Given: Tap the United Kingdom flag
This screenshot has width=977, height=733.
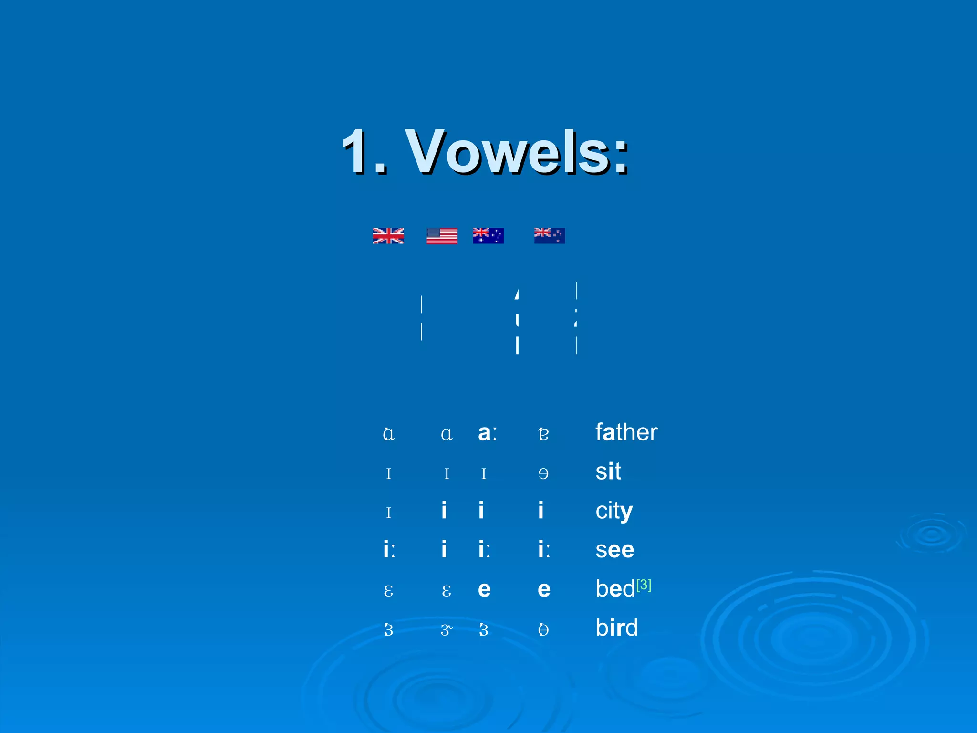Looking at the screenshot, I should point(388,236).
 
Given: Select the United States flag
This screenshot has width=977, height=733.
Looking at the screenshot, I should point(442,236).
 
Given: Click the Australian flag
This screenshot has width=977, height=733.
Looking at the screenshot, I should point(488,236).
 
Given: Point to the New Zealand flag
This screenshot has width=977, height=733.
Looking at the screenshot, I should point(550,236).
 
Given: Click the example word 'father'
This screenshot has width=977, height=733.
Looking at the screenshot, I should point(626,432).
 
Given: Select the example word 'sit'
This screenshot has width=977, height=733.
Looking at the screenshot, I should point(608,471).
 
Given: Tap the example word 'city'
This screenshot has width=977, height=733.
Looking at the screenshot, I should point(614,511).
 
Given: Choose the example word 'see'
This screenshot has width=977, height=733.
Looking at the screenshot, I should point(614,550).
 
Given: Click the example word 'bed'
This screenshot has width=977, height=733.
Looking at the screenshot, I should point(615,589).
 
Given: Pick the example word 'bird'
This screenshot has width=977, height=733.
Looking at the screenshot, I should point(616,628).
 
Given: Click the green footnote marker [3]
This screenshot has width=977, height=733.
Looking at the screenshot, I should point(644,585).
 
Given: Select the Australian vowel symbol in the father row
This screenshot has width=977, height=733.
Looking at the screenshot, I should point(487,433).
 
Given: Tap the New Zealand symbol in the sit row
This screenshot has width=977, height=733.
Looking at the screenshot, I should point(543,473).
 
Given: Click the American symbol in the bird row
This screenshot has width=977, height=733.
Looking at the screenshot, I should point(446,630).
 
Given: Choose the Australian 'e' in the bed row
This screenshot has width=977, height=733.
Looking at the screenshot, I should point(484,590).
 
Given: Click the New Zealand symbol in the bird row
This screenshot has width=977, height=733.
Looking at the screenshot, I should point(543,629).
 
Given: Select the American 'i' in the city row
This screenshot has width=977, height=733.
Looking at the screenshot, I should point(444,511).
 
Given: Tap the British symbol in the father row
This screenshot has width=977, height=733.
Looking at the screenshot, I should point(389,434).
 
